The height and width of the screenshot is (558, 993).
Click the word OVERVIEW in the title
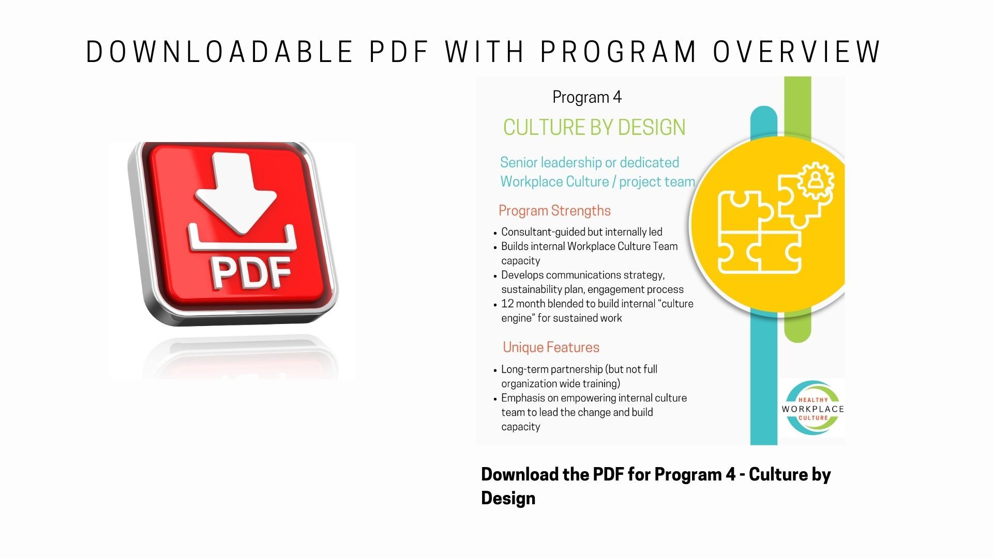point(797,52)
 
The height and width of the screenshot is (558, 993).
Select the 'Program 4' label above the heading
point(587,98)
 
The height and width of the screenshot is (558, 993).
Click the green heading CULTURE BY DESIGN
point(594,128)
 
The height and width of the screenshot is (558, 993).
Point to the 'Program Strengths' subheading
point(554,211)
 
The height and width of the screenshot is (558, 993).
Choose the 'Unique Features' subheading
point(551,347)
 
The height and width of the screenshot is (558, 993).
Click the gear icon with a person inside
point(816,180)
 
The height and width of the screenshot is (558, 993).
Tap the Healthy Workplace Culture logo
point(813,408)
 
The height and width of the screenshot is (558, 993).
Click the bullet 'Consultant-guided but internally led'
point(582,232)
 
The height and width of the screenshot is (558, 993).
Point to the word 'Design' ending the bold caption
point(508,499)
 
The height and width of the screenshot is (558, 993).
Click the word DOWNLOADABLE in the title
point(219,52)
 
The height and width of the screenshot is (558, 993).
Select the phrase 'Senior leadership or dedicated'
point(590,163)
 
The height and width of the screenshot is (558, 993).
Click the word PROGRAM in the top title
point(619,52)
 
